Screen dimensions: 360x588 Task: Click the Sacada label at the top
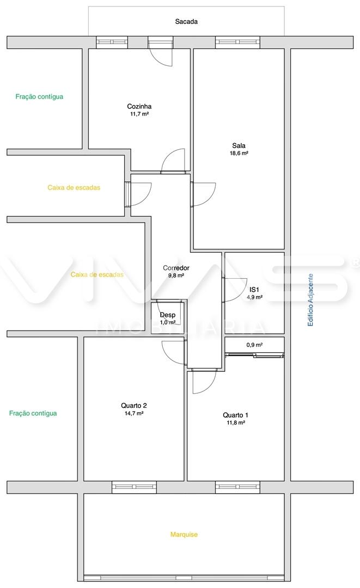[186, 22]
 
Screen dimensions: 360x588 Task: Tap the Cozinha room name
[139, 107]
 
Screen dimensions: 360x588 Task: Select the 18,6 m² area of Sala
[239, 153]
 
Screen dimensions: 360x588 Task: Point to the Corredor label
[176, 268]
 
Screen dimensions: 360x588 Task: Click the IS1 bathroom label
[254, 290]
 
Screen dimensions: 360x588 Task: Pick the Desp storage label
[168, 315]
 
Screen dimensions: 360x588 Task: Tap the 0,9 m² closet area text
[254, 345]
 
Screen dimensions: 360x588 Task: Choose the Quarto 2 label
[133, 406]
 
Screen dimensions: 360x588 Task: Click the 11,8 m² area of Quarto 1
[235, 422]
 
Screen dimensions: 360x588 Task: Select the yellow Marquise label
[184, 535]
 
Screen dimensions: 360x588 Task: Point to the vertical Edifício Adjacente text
[310, 299]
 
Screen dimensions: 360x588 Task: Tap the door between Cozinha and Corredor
[173, 161]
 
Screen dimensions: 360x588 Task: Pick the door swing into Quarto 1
[204, 381]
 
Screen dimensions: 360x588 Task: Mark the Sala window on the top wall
[238, 42]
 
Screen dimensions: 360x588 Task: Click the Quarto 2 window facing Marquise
[134, 487]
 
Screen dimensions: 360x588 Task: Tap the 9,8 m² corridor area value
[176, 275]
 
